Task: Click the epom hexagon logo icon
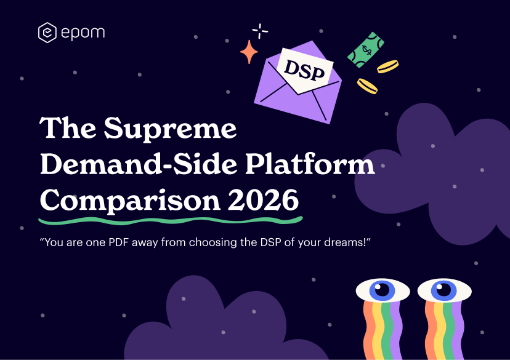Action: [x=47, y=33]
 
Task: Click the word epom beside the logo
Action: [x=83, y=33]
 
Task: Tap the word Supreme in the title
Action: [x=171, y=129]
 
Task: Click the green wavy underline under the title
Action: [x=170, y=219]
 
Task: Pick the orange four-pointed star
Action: [x=249, y=52]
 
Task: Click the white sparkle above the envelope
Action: [x=261, y=30]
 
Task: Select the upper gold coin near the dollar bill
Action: [x=388, y=66]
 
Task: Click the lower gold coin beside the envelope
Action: [x=368, y=86]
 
